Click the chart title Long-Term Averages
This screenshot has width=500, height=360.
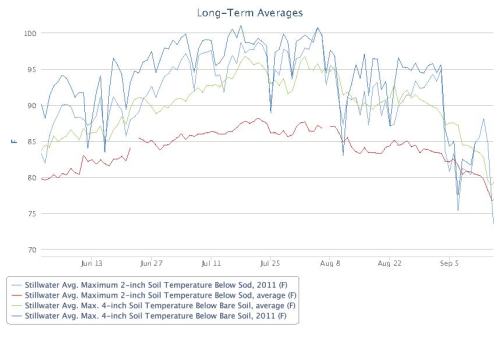pyautogui.click(x=250, y=12)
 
